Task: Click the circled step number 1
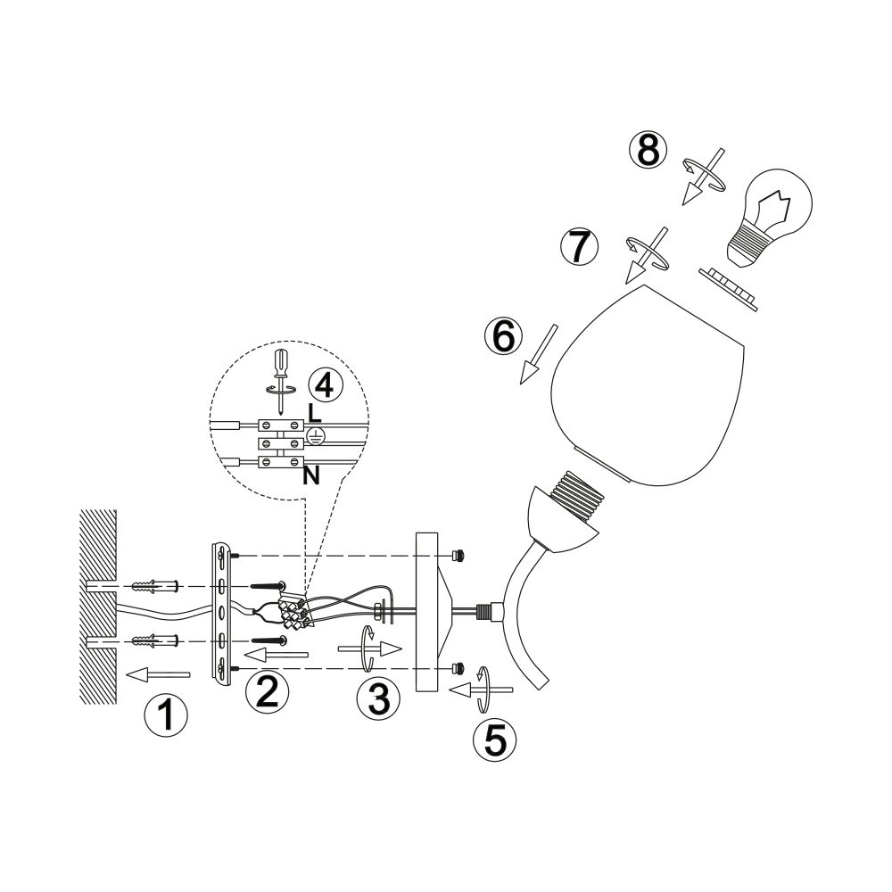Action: click(x=166, y=715)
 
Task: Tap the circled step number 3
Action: click(x=378, y=698)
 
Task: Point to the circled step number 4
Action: click(x=326, y=385)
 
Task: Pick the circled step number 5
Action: click(x=495, y=740)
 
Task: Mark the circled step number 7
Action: click(x=579, y=246)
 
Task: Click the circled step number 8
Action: click(x=648, y=150)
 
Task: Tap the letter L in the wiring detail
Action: click(x=315, y=413)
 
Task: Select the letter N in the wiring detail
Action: click(x=311, y=475)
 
